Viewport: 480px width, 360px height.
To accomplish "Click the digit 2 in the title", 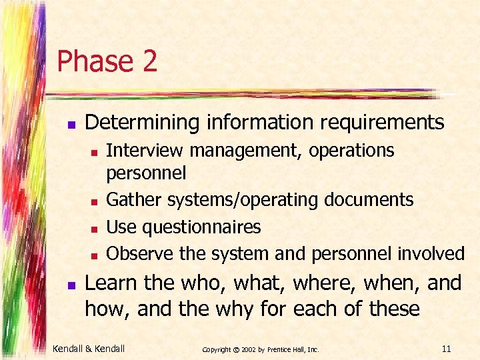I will point(149,61).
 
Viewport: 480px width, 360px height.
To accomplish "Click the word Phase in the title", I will point(95,61).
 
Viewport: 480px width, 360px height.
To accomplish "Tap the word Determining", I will point(133,123).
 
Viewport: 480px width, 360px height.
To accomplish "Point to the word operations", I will point(351,151).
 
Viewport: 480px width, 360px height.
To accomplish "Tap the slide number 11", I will point(446,347).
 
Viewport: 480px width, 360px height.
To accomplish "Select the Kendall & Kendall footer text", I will point(89,347).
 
